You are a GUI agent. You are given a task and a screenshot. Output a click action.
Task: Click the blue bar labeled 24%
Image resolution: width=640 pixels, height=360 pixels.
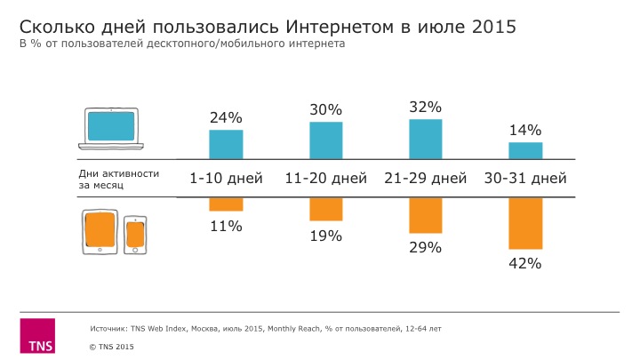pos(226,144)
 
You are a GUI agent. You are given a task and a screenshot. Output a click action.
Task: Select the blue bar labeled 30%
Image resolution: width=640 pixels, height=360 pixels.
pos(325,140)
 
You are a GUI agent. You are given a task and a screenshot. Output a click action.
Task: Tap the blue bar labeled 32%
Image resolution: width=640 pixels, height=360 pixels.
pos(426,139)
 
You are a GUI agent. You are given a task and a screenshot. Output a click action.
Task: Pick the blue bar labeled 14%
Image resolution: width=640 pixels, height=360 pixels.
pos(525,150)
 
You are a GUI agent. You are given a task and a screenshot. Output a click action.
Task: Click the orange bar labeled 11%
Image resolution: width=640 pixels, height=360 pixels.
pos(226,204)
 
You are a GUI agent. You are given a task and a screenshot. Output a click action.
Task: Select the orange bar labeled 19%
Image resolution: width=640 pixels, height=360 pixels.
pos(325,210)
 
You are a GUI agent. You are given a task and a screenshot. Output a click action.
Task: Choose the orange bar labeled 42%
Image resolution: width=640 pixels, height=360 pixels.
pos(525,223)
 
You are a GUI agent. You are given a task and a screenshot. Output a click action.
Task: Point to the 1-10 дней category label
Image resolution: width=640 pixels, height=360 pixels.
pos(226,179)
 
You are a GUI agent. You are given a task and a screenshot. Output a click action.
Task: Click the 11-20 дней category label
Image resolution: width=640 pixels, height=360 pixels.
pos(325,179)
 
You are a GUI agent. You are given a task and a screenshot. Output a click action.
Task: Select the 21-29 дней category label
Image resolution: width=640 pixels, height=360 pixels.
pos(426,179)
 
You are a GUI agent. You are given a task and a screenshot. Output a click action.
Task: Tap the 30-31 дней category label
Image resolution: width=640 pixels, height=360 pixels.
pos(525,179)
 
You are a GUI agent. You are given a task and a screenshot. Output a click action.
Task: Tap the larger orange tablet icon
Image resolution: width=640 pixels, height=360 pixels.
pos(100,232)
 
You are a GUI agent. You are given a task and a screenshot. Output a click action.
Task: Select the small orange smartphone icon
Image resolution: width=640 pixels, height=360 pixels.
pos(135,235)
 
